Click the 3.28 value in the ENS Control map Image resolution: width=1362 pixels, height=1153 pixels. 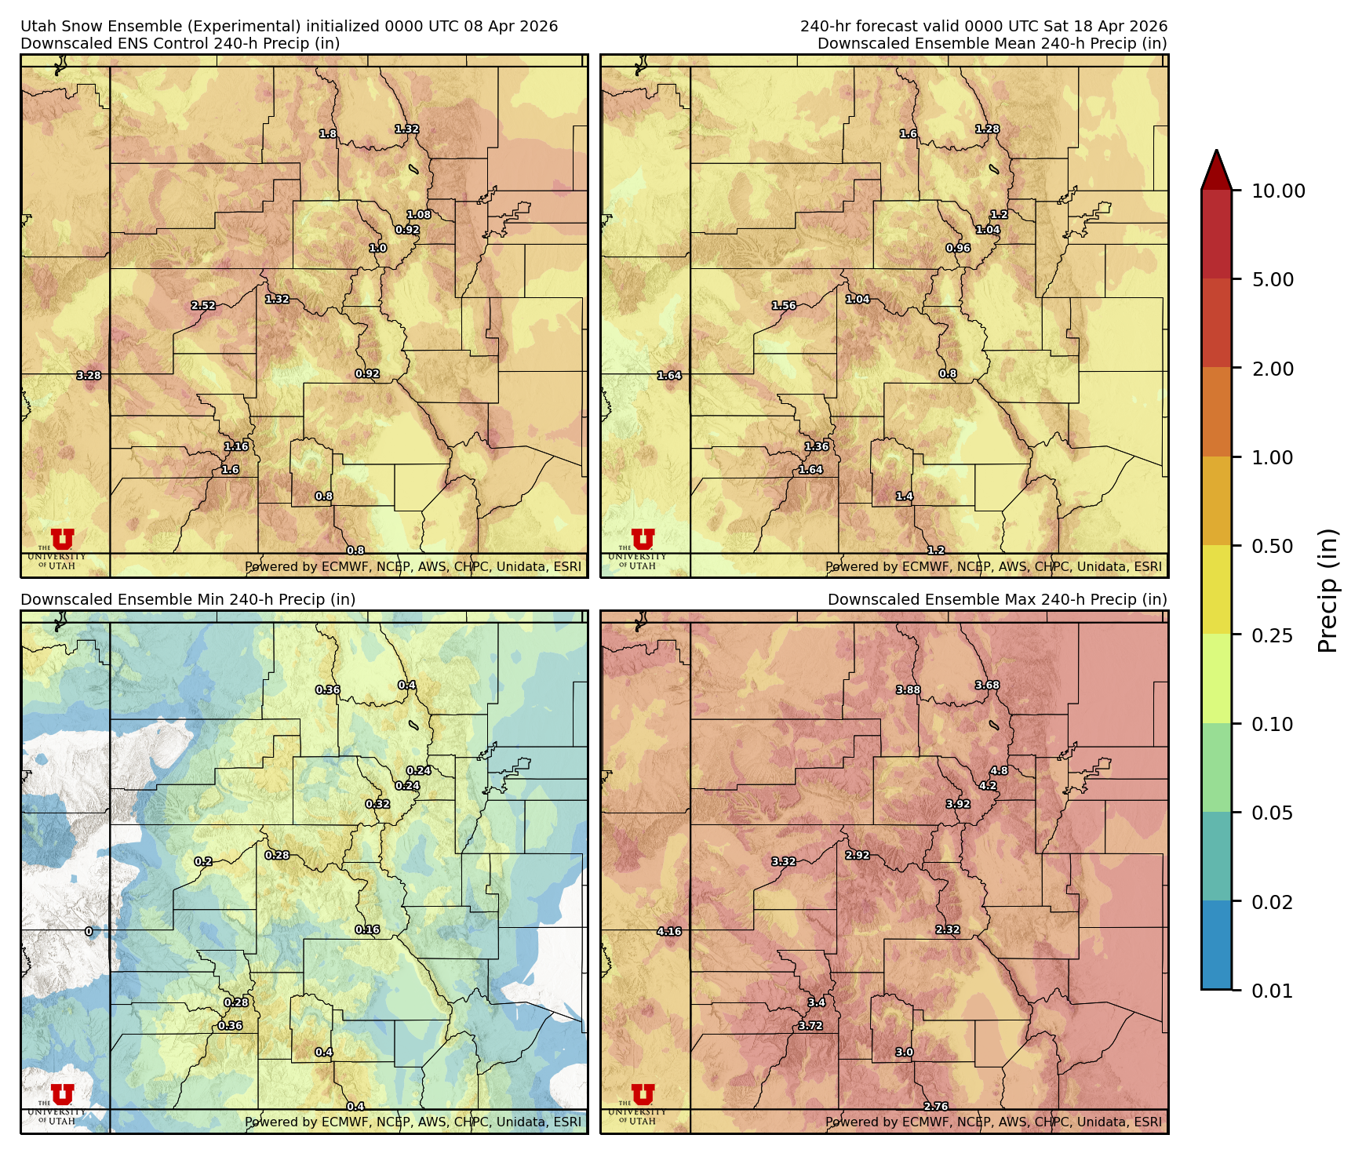pos(89,376)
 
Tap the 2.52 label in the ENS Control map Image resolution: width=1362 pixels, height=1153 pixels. pos(203,306)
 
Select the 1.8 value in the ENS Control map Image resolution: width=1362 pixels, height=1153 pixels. pos(328,134)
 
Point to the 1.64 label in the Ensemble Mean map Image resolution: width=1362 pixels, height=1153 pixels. pos(669,376)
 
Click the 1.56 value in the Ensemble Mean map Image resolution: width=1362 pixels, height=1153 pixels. pos(784,306)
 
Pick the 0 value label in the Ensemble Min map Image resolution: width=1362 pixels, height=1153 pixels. pos(89,932)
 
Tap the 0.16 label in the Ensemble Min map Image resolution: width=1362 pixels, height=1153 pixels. pos(367,929)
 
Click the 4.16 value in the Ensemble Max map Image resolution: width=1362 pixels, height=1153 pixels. pos(669,932)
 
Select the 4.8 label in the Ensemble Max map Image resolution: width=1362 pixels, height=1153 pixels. pos(999,771)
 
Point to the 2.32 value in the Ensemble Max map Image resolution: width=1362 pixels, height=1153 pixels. pos(948,929)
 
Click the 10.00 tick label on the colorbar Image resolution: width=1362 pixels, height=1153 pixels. pos(1278,191)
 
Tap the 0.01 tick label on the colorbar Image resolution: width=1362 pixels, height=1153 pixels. pos(1272,991)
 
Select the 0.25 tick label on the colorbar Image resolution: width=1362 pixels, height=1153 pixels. pos(1272,635)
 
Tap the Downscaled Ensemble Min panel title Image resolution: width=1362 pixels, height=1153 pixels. pos(188,599)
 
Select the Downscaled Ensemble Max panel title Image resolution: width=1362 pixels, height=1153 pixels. pos(997,599)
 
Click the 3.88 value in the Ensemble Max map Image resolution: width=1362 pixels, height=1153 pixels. pos(909,690)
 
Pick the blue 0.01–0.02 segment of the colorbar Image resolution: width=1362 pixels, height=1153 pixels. pos(1216,945)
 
